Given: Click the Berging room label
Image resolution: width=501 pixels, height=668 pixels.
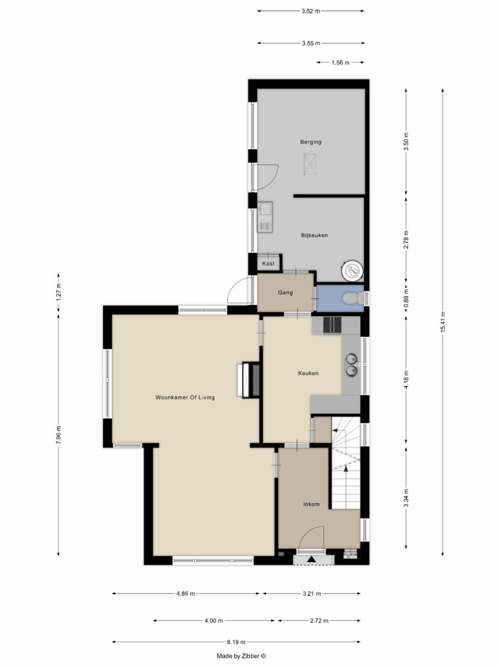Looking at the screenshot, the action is click(x=311, y=142).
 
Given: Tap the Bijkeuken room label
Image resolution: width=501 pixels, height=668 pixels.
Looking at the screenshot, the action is click(x=315, y=235).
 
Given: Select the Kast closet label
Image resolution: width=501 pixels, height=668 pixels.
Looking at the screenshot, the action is click(x=268, y=263).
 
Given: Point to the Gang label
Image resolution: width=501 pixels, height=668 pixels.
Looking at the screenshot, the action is click(x=286, y=292).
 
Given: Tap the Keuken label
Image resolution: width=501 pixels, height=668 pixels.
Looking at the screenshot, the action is click(x=308, y=373).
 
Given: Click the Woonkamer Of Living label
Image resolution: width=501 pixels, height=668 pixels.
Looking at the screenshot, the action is click(x=185, y=397).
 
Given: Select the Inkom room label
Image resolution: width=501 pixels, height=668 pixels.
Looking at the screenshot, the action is click(x=312, y=504).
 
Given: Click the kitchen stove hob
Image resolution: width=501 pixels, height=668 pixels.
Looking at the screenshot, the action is click(x=332, y=325).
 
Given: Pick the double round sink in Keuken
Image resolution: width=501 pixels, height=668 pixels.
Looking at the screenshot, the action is click(x=352, y=364).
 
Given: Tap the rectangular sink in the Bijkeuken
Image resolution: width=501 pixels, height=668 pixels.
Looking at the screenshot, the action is click(x=266, y=217).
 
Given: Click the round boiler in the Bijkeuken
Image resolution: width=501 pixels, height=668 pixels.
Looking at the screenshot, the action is click(x=352, y=269).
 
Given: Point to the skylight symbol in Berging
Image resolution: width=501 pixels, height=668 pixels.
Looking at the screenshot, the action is click(x=310, y=164).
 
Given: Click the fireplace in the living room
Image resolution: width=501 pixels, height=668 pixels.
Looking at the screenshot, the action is click(x=249, y=379).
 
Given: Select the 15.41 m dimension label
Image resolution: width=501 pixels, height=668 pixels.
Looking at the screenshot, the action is click(x=443, y=321).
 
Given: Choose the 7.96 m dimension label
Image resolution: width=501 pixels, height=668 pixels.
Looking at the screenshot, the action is click(x=58, y=435).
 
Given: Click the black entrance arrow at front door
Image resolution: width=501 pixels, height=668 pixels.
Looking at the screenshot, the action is click(x=312, y=559).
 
